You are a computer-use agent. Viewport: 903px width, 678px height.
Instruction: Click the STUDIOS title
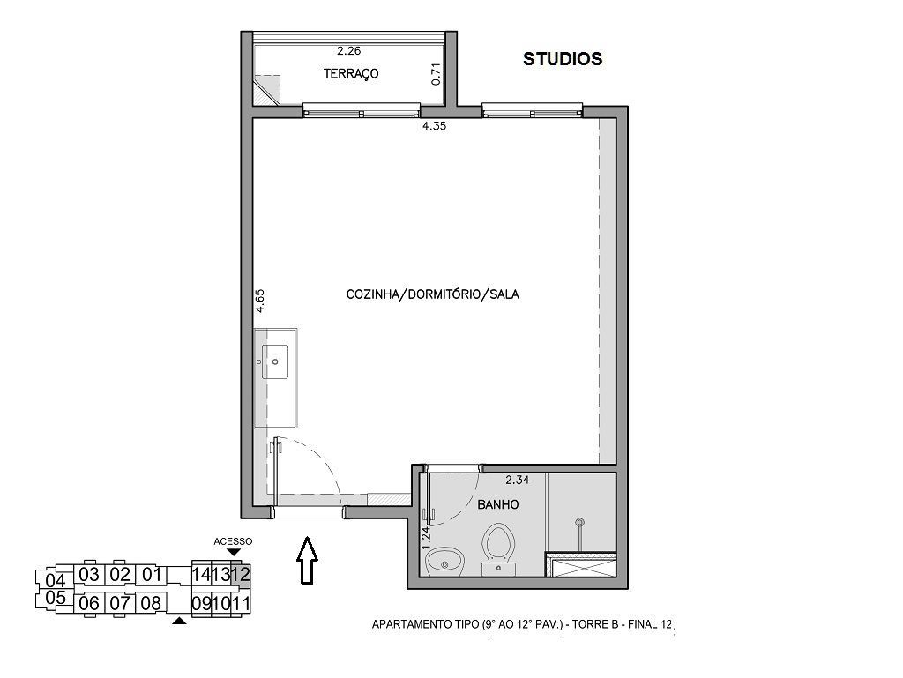pyautogui.click(x=562, y=59)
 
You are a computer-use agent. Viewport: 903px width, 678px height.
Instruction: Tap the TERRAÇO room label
pyautogui.click(x=351, y=74)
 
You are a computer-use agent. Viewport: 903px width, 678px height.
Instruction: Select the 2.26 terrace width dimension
pyautogui.click(x=349, y=50)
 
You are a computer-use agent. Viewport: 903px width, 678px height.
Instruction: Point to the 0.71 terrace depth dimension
pyautogui.click(x=436, y=74)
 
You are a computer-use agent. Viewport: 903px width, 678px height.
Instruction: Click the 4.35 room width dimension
pyautogui.click(x=434, y=126)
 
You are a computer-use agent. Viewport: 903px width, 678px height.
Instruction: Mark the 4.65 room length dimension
pyautogui.click(x=260, y=301)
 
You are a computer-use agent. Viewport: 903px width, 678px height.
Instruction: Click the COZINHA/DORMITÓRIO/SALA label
pyautogui.click(x=432, y=294)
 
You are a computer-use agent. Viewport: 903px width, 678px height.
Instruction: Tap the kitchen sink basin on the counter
pyautogui.click(x=275, y=361)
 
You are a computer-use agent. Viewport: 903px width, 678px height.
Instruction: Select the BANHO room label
pyautogui.click(x=498, y=505)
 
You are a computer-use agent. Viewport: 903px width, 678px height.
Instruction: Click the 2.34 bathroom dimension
pyautogui.click(x=517, y=480)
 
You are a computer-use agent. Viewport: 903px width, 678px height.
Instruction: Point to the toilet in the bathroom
pyautogui.click(x=499, y=548)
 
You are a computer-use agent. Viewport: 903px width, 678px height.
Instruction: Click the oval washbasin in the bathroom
pyautogui.click(x=445, y=561)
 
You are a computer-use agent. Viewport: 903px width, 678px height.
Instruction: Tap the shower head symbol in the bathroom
pyautogui.click(x=580, y=523)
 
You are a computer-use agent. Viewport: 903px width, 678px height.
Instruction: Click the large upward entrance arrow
pyautogui.click(x=307, y=560)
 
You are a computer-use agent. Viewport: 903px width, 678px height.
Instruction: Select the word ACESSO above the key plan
pyautogui.click(x=233, y=541)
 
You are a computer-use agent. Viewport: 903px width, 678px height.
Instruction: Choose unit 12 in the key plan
pyautogui.click(x=241, y=574)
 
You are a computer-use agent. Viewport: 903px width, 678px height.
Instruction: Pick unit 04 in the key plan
pyautogui.click(x=56, y=580)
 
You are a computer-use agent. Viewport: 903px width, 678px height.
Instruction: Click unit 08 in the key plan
pyautogui.click(x=151, y=603)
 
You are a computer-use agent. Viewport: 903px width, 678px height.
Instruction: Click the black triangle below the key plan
pyautogui.click(x=180, y=621)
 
